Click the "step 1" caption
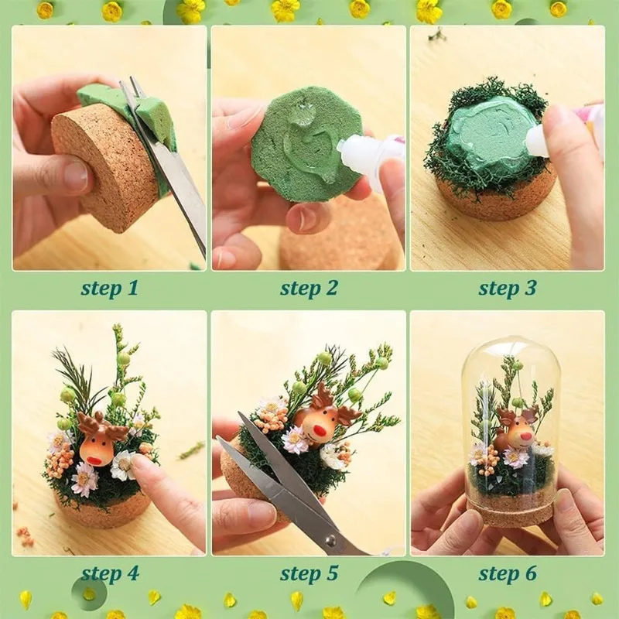pos(109,289)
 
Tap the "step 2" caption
pos(309,289)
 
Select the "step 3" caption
pos(507,289)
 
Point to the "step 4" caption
pos(109,573)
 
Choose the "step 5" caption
pos(309,573)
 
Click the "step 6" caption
pos(507,573)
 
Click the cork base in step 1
pos(97,170)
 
